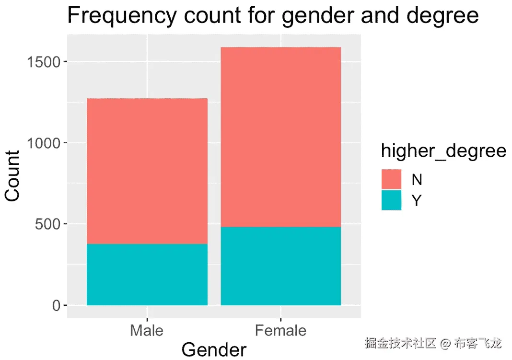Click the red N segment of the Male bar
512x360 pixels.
[147, 171]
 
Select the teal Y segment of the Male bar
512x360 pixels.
[147, 275]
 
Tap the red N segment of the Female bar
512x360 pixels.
[281, 137]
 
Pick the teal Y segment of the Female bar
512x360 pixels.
[281, 266]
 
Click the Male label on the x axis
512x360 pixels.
[147, 330]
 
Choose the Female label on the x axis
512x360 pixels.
[281, 330]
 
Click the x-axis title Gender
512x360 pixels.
[214, 349]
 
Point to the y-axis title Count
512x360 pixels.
[12, 176]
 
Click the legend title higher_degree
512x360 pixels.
[443, 151]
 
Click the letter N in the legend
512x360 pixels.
[417, 180]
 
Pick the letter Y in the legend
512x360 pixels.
[417, 201]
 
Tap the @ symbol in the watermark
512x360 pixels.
[445, 343]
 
